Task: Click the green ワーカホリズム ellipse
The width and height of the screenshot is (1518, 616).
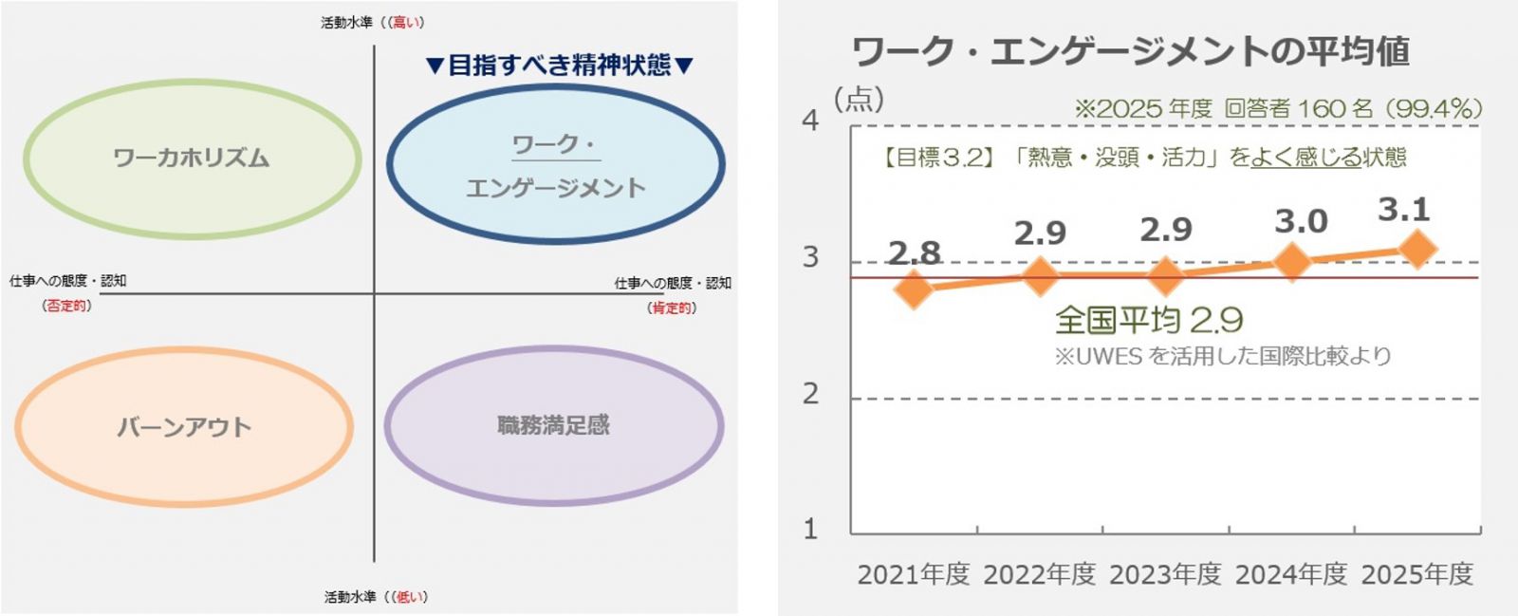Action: coord(192,158)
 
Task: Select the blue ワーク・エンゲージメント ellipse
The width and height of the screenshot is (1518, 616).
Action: coord(556,165)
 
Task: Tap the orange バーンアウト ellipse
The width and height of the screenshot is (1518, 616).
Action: coord(184,426)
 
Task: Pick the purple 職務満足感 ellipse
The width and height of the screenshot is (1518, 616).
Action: coord(554,424)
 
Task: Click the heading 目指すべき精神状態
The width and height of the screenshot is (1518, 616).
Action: coord(560,65)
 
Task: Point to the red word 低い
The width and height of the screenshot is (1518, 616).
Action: coord(410,597)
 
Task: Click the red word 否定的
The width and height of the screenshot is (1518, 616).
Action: coord(66,306)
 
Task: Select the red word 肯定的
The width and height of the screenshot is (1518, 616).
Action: coord(672,308)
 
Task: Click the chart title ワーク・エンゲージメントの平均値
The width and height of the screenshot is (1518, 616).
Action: coord(1130,51)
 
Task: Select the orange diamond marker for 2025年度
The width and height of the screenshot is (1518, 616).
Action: coord(1417,250)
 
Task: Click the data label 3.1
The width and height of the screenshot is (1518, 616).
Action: coord(1403,210)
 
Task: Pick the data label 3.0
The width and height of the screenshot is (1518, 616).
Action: coord(1301,222)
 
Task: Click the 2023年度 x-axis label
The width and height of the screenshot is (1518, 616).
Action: coord(1165,574)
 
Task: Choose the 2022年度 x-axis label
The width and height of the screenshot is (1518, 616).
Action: coord(1039,574)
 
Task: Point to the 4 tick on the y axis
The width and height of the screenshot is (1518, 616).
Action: coord(810,121)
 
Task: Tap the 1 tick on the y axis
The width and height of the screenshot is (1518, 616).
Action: coord(810,529)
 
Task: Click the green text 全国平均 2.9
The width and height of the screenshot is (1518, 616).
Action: coord(1149,320)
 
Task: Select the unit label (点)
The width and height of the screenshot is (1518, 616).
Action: coord(859,99)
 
